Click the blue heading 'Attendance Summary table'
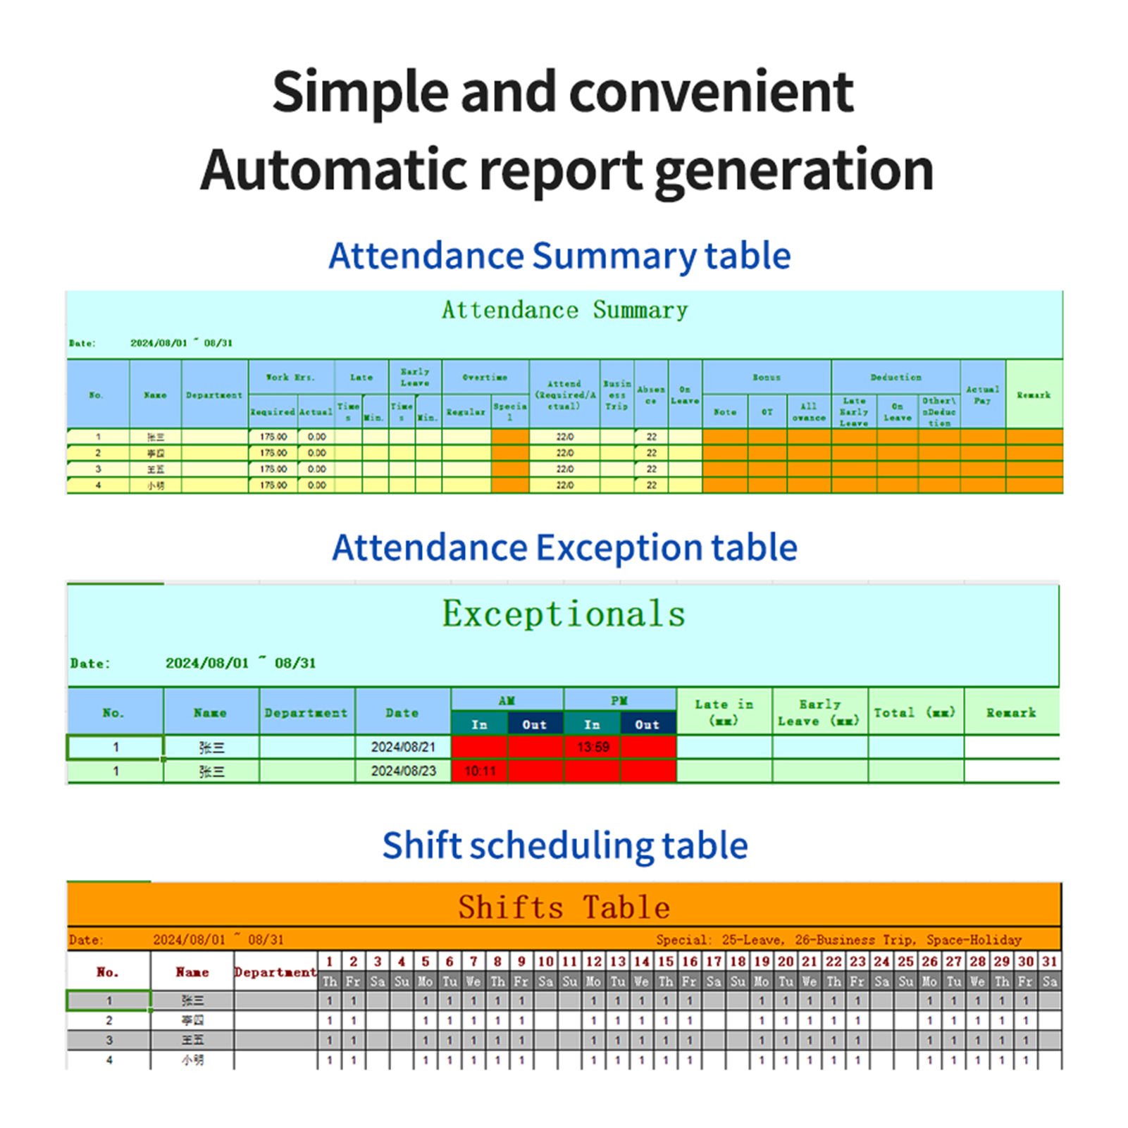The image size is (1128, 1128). (559, 256)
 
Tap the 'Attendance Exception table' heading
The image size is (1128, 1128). (564, 547)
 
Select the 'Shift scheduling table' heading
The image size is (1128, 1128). (564, 845)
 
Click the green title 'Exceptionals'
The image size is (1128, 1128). (564, 614)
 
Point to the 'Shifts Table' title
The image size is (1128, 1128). (564, 907)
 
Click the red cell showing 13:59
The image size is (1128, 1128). (593, 747)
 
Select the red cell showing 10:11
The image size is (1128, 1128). (480, 771)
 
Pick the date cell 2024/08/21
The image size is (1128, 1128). (403, 747)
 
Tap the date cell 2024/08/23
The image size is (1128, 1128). (403, 771)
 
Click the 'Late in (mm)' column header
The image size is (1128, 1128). (724, 712)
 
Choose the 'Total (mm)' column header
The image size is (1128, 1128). (915, 712)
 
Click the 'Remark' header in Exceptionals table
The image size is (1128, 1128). (1011, 712)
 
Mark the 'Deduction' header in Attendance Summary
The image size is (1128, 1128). (895, 378)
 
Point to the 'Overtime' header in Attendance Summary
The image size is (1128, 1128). (485, 378)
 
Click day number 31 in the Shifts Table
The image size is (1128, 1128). (1050, 962)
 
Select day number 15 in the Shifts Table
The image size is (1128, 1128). (666, 962)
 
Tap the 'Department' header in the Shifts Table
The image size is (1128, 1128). (275, 972)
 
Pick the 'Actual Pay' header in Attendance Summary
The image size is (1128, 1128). (982, 395)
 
